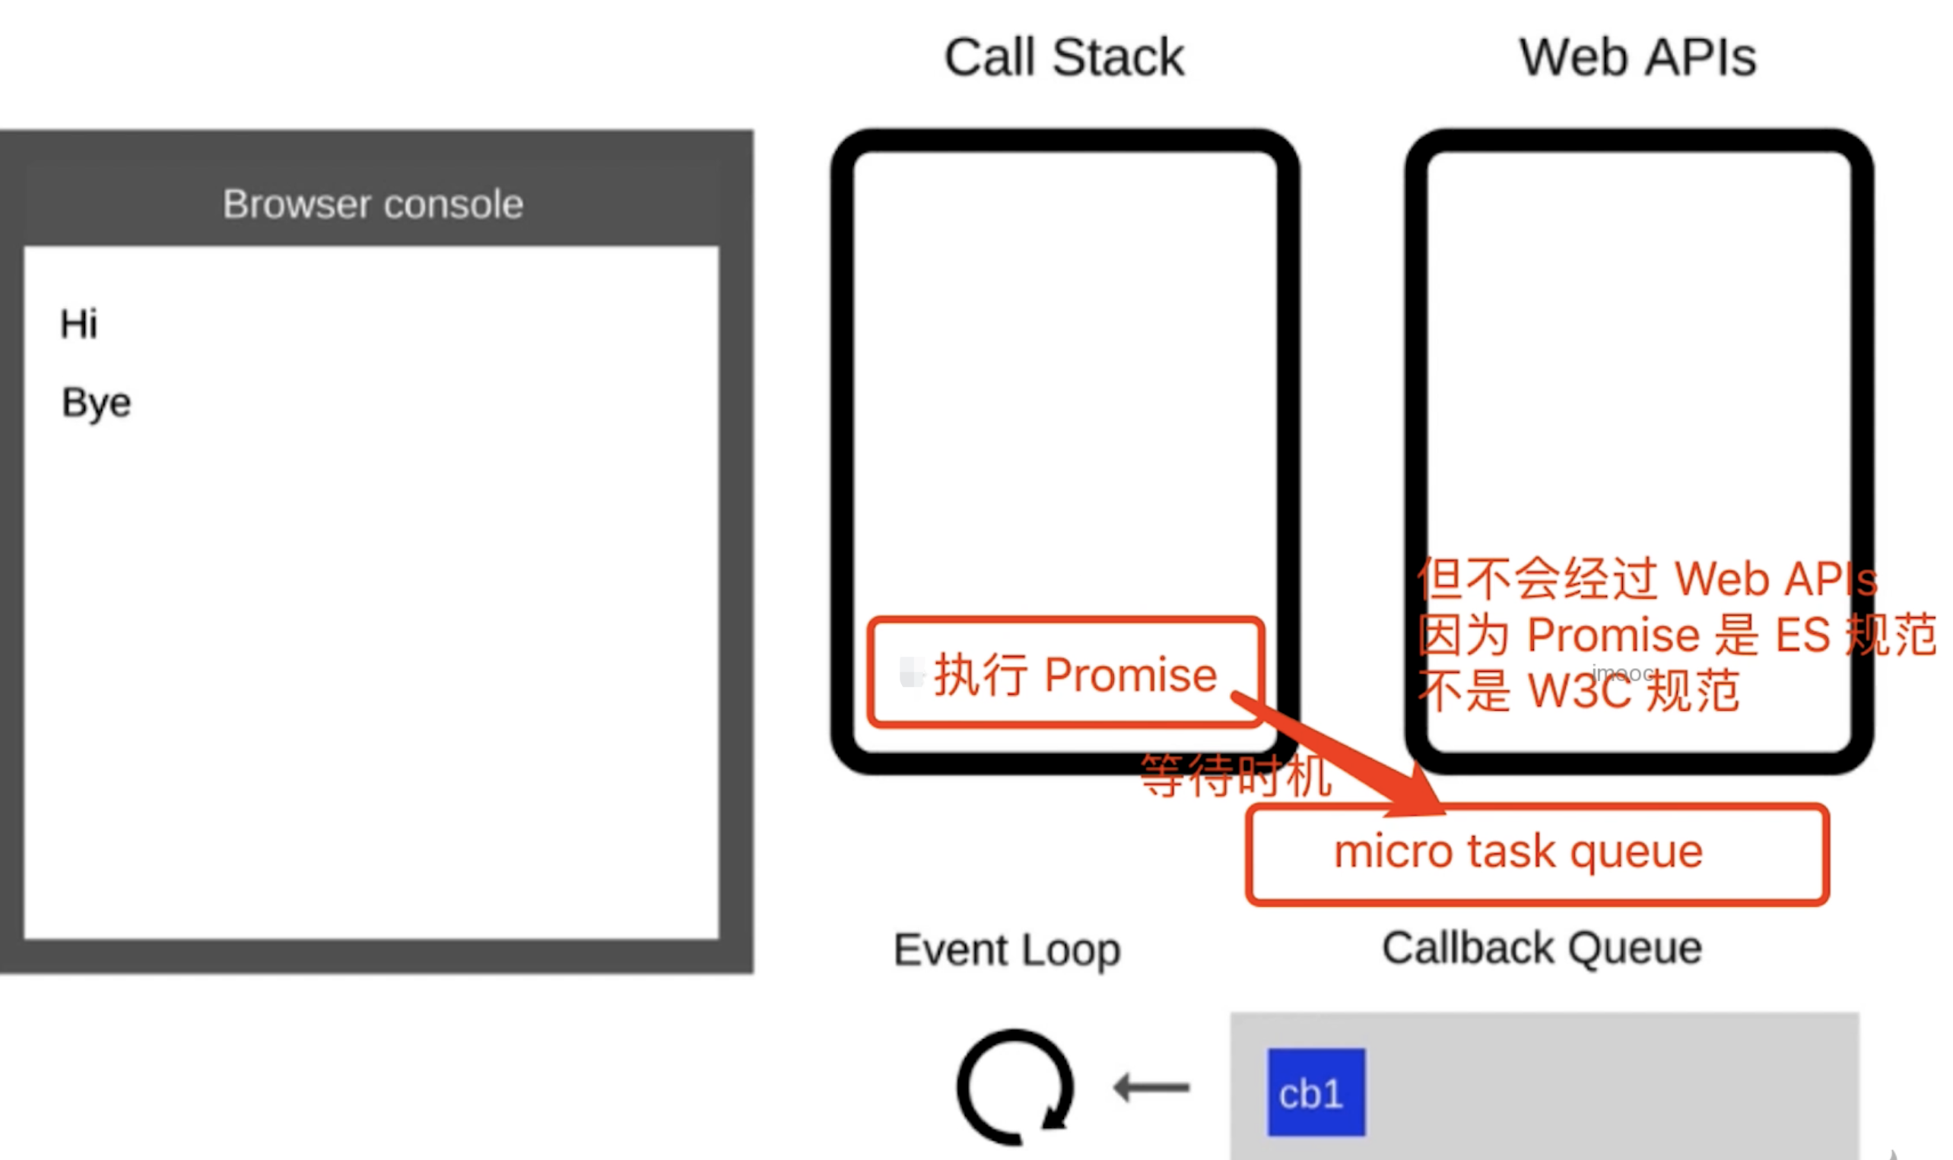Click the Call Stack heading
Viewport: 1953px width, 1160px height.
pyautogui.click(x=1063, y=58)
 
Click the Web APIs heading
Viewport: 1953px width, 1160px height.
pyautogui.click(x=1637, y=58)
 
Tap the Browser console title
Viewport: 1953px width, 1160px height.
pyautogui.click(x=372, y=204)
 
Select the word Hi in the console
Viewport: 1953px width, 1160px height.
pyautogui.click(x=79, y=325)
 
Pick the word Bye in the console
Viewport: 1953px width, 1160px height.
pyautogui.click(x=96, y=404)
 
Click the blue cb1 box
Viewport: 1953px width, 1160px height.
pyautogui.click(x=1316, y=1092)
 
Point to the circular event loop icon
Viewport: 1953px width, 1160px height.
pyautogui.click(x=1015, y=1087)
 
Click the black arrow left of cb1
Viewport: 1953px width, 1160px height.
pyautogui.click(x=1151, y=1087)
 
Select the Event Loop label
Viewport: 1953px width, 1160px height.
pyautogui.click(x=1007, y=950)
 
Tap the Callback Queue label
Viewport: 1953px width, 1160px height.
pyautogui.click(x=1542, y=949)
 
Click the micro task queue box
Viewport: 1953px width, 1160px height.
pyautogui.click(x=1536, y=854)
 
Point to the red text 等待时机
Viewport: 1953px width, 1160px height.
pyautogui.click(x=1235, y=775)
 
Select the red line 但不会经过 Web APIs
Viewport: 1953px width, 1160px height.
pyautogui.click(x=1647, y=580)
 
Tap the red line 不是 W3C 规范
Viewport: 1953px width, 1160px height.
pyautogui.click(x=1580, y=691)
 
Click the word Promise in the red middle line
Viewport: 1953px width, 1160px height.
pyautogui.click(x=1612, y=635)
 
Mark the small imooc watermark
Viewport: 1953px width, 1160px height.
pyautogui.click(x=1623, y=673)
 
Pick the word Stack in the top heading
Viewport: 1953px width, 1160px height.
pyautogui.click(x=1118, y=58)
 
